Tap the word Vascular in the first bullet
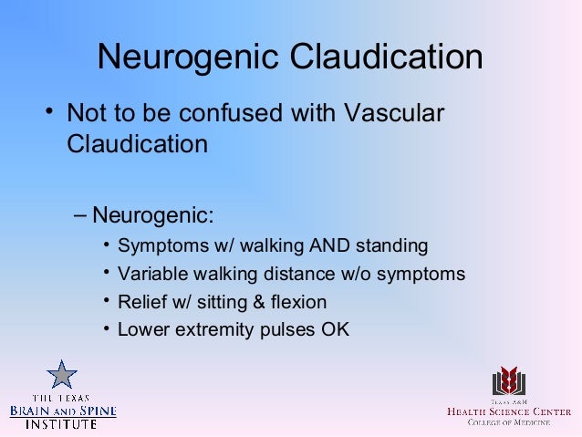[391, 114]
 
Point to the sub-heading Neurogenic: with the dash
[145, 216]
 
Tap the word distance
[285, 275]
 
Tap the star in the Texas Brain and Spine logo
[62, 374]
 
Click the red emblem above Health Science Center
[509, 381]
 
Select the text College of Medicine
[508, 421]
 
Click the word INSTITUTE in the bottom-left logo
[63, 424]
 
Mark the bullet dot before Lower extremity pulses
[107, 328]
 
